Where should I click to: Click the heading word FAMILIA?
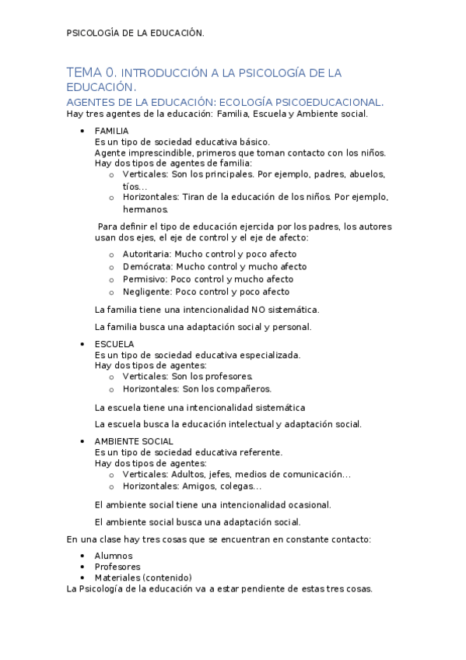111,131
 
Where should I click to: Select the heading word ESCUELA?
114,343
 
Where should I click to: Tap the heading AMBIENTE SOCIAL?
134,441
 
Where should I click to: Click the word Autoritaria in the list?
146,254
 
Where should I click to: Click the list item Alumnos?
114,556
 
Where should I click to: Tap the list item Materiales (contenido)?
143,577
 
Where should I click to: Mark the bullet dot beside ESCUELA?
82,343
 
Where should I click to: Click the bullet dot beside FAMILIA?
82,131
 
